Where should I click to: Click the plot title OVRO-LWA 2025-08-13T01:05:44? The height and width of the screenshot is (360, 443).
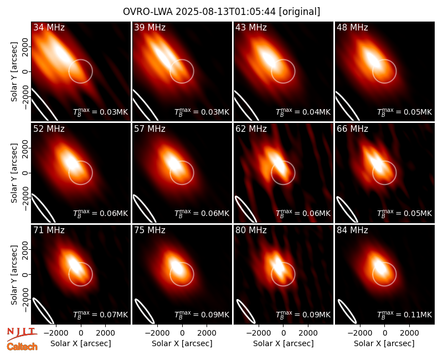coord(199,12)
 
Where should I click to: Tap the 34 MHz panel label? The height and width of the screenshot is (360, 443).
coord(49,27)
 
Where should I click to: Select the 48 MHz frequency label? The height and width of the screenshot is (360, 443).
coord(352,27)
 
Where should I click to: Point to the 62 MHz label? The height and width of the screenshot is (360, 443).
coord(251,129)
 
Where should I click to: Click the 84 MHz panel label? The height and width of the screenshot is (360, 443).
coord(352,230)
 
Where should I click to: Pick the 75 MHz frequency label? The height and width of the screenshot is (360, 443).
coord(150,230)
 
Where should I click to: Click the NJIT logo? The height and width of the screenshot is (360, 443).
coord(22,334)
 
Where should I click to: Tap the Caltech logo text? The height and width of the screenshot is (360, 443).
coord(22,347)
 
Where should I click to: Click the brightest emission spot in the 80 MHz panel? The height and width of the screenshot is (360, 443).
coord(279,265)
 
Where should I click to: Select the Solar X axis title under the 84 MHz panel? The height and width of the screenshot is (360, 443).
coord(384,343)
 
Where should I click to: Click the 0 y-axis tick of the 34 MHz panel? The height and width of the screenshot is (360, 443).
coord(25,72)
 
